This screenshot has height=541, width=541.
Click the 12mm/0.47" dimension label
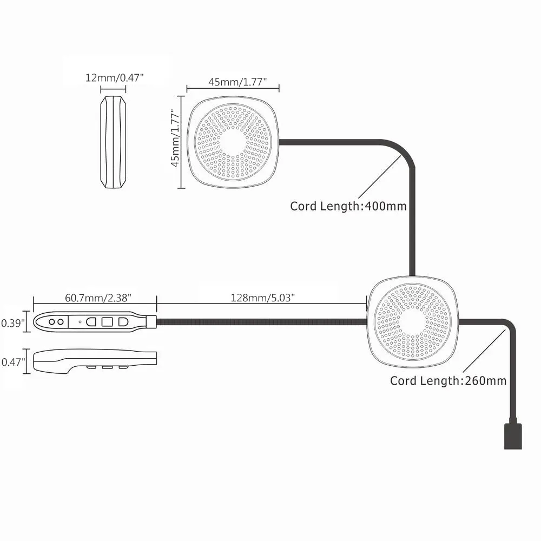click(114, 77)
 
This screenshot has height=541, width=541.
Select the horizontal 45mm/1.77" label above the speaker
click(233, 82)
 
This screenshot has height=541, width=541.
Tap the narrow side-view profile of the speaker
click(113, 143)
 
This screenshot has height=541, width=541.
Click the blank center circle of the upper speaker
click(233, 142)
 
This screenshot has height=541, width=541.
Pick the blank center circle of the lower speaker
click(412, 322)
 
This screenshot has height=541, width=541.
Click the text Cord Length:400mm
click(348, 206)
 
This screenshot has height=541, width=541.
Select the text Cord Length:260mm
click(448, 381)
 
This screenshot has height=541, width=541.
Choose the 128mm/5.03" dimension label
click(263, 298)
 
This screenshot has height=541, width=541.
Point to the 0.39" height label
click(13, 323)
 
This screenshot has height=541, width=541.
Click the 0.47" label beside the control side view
click(13, 362)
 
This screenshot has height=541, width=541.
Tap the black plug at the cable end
click(513, 436)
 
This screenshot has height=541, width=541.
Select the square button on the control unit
click(107, 321)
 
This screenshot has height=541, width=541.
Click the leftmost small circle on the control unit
click(52, 321)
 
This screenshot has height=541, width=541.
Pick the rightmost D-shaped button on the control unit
click(123, 321)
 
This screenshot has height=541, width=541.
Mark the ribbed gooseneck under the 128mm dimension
click(262, 322)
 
